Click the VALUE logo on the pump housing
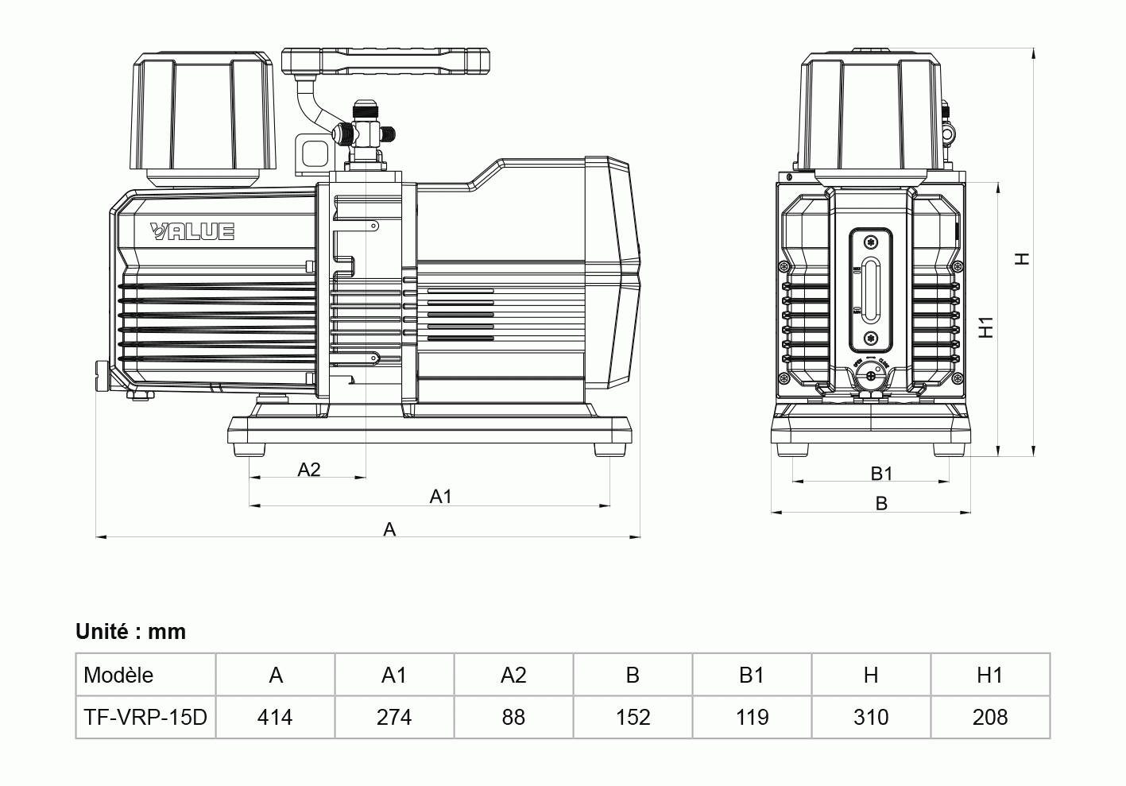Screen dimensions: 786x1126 (x=192, y=231)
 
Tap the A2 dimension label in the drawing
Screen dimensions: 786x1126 (x=309, y=470)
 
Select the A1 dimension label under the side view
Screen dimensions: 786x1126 (x=441, y=497)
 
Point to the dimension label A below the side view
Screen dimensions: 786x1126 (x=389, y=529)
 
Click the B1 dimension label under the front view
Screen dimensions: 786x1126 (x=881, y=474)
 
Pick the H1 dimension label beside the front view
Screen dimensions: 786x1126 (x=987, y=327)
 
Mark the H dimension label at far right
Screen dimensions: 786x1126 (x=1023, y=258)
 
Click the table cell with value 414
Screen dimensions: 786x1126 (x=275, y=718)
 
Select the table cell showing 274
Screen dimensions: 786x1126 (x=394, y=718)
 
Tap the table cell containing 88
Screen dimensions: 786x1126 (x=513, y=718)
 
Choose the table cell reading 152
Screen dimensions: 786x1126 (x=633, y=718)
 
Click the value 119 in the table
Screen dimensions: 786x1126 (x=752, y=718)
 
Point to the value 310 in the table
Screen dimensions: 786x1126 (x=871, y=718)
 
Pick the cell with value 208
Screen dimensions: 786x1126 (x=990, y=718)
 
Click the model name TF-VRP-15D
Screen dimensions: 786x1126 (x=145, y=718)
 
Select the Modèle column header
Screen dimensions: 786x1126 (x=118, y=676)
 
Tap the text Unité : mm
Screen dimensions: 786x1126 (x=131, y=632)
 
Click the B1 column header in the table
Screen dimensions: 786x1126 (x=752, y=676)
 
